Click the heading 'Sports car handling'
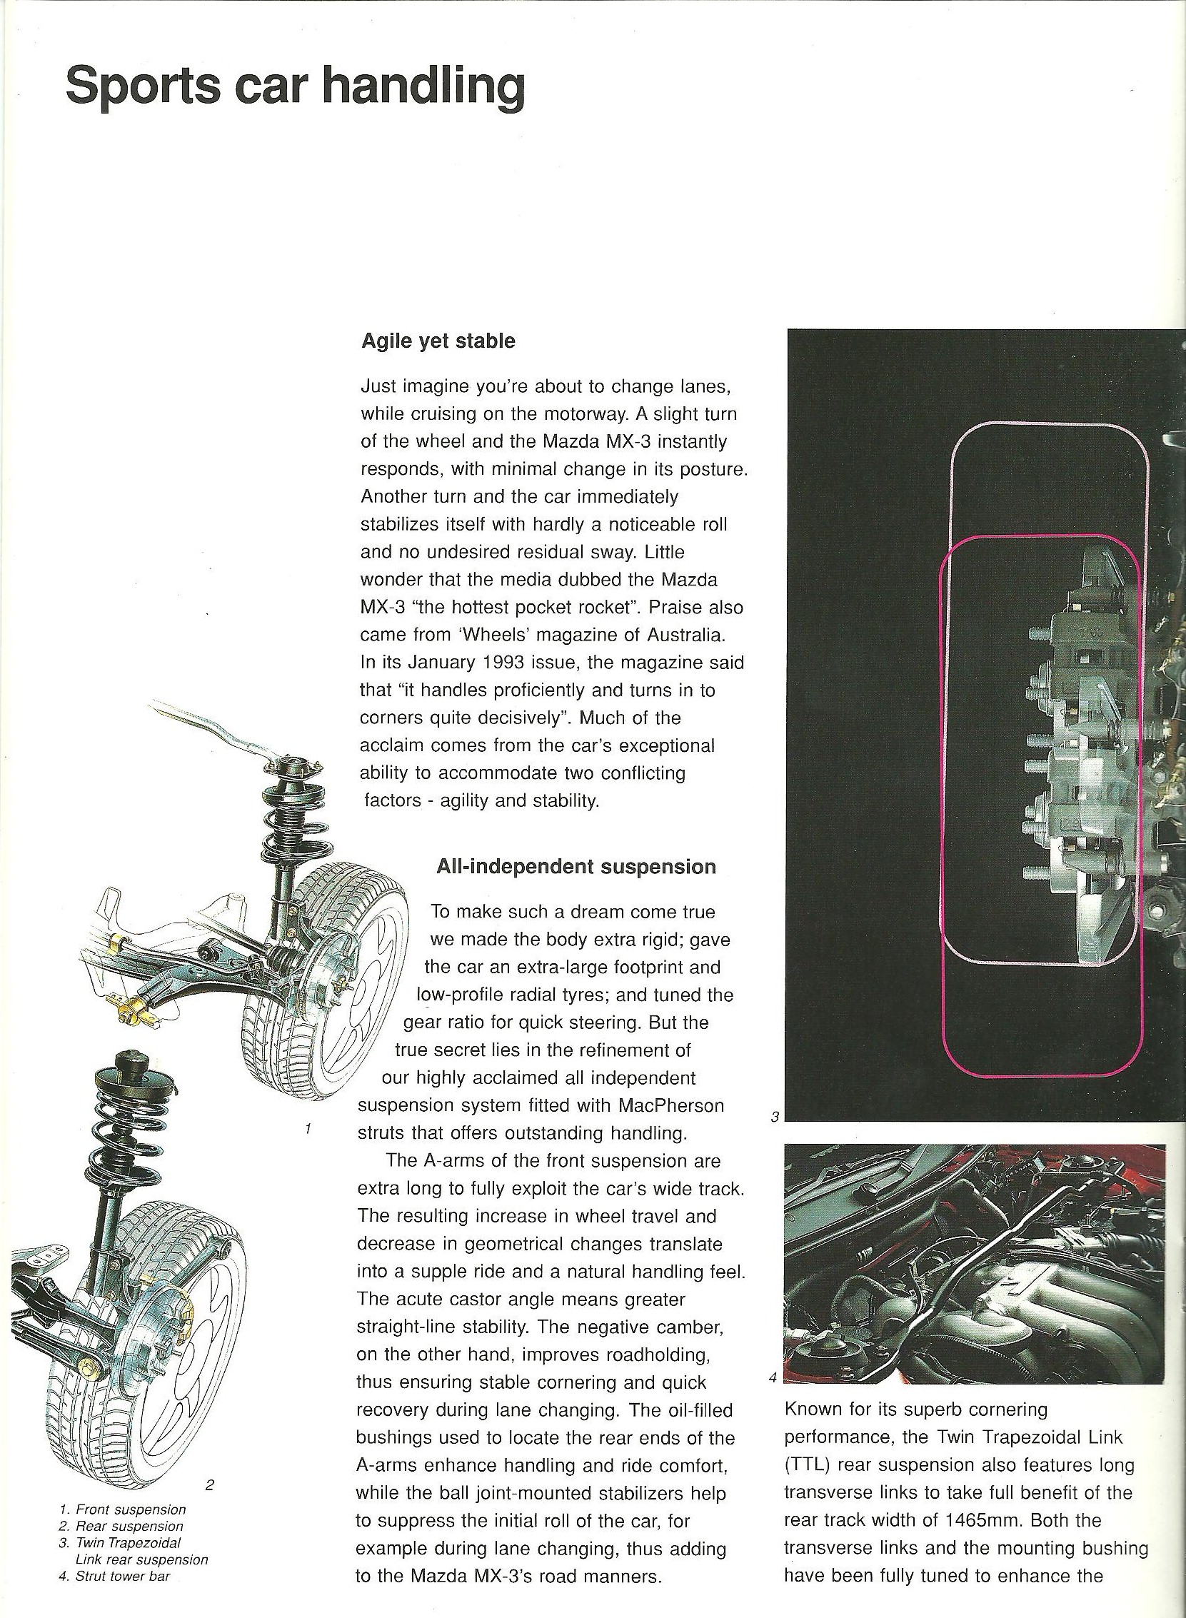[x=295, y=88]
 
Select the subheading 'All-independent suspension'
[x=576, y=866]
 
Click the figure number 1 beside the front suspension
[x=307, y=1129]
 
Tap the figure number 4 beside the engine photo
[x=773, y=1377]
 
